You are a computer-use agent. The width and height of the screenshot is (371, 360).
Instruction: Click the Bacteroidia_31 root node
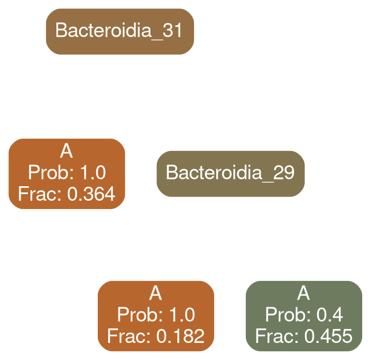click(x=118, y=31)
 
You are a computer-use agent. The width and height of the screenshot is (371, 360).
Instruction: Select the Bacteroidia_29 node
click(x=230, y=173)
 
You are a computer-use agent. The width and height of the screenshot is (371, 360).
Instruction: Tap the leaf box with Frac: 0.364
click(x=66, y=173)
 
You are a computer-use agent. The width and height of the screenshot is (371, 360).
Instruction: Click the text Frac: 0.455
click(x=303, y=336)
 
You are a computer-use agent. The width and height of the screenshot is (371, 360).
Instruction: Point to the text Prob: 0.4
click(x=303, y=314)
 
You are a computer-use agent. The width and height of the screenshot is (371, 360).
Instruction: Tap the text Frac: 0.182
click(x=156, y=336)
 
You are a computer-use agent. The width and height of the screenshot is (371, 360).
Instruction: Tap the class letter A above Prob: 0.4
click(x=303, y=294)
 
